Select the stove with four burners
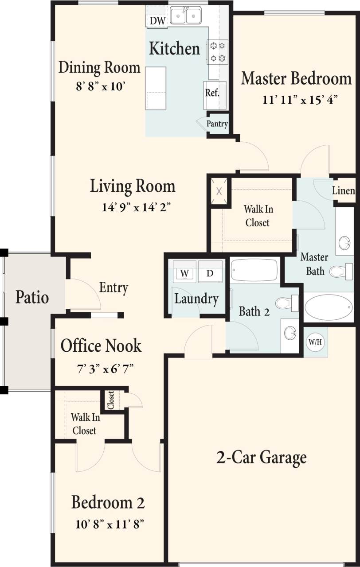217,51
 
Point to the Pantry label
217,124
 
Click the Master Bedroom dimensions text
300,100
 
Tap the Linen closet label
344,191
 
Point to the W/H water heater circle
315,342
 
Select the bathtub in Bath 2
254,270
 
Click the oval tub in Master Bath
329,307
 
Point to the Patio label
32,297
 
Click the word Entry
113,287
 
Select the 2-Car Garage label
261,457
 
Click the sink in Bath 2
290,332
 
